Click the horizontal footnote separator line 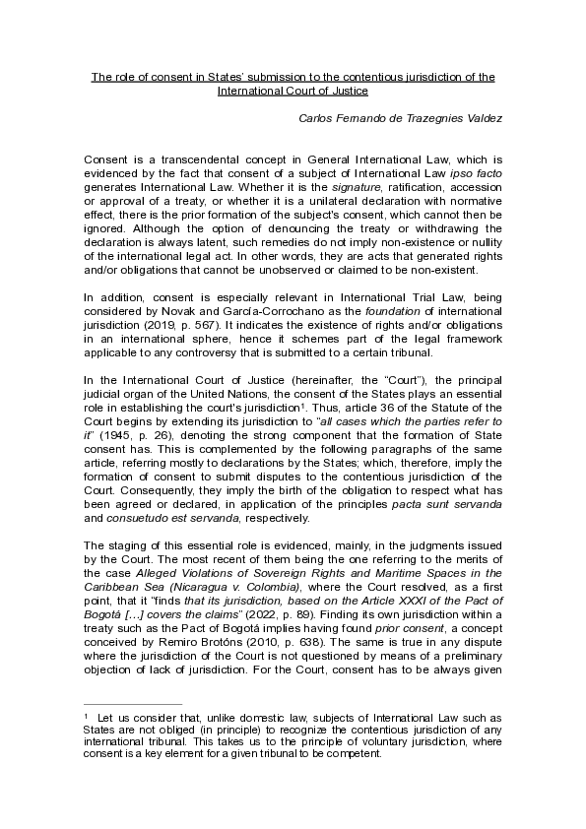133,704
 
